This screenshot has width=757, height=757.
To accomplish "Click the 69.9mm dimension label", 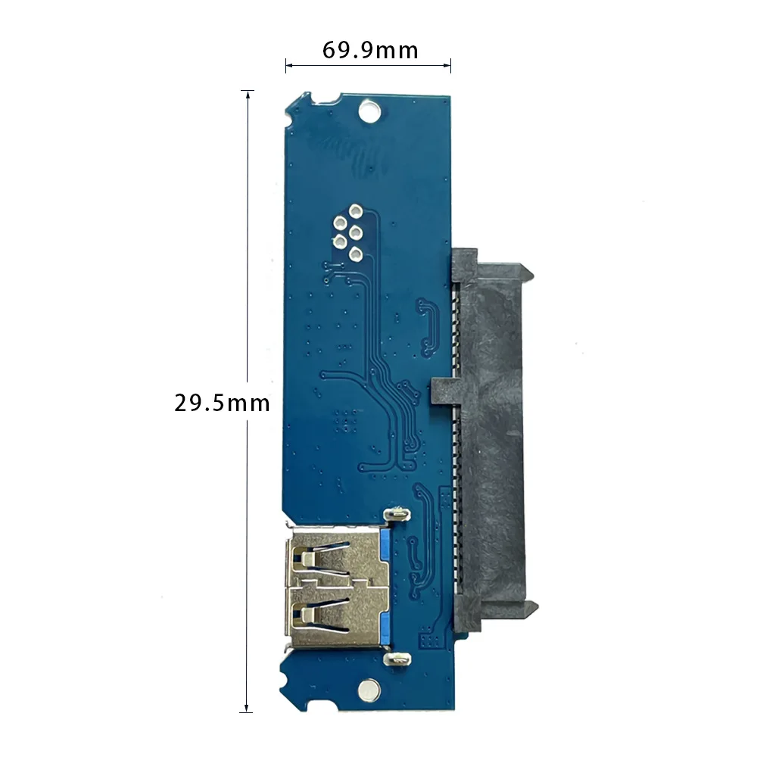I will coord(370,50).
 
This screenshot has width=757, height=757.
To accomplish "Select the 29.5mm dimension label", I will coord(222,403).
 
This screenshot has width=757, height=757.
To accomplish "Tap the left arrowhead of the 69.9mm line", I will coord(288,66).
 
